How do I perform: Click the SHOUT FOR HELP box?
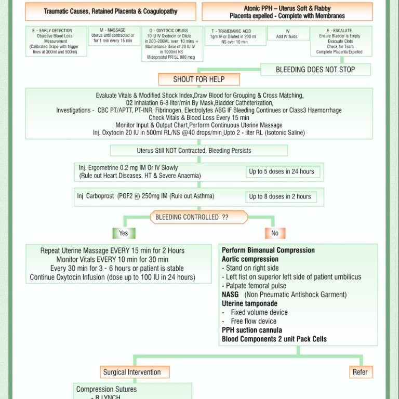pyautogui.click(x=199, y=79)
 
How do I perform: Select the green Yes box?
pyautogui.click(x=124, y=233)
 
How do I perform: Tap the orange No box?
pyautogui.click(x=275, y=233)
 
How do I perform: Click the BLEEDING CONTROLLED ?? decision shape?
pyautogui.click(x=192, y=217)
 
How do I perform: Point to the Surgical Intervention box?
pyautogui.click(x=132, y=372)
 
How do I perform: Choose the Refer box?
pyautogui.click(x=360, y=372)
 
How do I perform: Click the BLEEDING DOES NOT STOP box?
pyautogui.click(x=315, y=70)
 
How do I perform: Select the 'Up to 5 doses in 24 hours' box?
pyautogui.click(x=282, y=171)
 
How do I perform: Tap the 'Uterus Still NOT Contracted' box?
pyautogui.click(x=199, y=151)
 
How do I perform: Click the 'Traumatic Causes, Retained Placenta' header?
pyautogui.click(x=111, y=11)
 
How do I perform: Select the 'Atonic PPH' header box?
pyautogui.click(x=287, y=11)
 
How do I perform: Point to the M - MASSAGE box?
pyautogui.click(x=113, y=35)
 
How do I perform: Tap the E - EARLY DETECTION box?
pyautogui.click(x=56, y=41)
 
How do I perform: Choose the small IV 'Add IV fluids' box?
pyautogui.click(x=287, y=34)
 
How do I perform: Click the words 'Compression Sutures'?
pyautogui.click(x=107, y=389)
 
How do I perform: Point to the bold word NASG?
pyautogui.click(x=230, y=295)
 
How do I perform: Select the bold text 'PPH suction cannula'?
pyautogui.click(x=252, y=330)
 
